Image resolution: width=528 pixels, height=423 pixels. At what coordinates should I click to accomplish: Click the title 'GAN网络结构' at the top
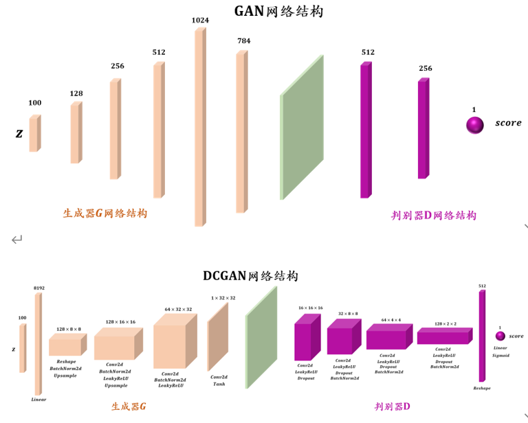pos(278,11)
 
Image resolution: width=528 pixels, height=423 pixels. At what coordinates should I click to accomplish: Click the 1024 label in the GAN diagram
pos(200,21)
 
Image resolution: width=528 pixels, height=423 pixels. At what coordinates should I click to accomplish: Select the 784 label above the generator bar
pos(243,41)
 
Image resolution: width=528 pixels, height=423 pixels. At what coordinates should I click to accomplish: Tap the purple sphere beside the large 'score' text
pos(474,124)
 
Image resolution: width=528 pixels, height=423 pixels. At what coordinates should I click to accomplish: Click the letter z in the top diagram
pos(19,133)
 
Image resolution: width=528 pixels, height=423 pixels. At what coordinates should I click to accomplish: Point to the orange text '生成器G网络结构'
pos(105,214)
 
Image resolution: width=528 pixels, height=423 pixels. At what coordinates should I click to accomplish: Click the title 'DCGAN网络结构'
pos(250,276)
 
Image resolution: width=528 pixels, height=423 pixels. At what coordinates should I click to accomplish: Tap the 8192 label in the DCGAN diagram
pos(39,288)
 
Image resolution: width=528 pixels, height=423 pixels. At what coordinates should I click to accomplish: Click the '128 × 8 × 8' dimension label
pos(69,330)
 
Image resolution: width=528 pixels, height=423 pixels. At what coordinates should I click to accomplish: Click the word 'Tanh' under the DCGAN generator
pos(219,385)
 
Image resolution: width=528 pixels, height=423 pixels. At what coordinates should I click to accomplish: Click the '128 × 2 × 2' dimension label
pos(445,324)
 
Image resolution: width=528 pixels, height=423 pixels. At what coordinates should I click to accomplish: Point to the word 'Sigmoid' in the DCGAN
pos(500,356)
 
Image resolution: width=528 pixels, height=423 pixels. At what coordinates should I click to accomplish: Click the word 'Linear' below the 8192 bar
pos(38,400)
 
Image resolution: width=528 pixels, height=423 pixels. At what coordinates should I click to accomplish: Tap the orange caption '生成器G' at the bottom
pos(129,407)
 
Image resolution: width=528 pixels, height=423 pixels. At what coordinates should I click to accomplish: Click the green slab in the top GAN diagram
pos(301,128)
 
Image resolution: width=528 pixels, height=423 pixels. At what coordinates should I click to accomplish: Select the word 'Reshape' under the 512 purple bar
pos(482,388)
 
